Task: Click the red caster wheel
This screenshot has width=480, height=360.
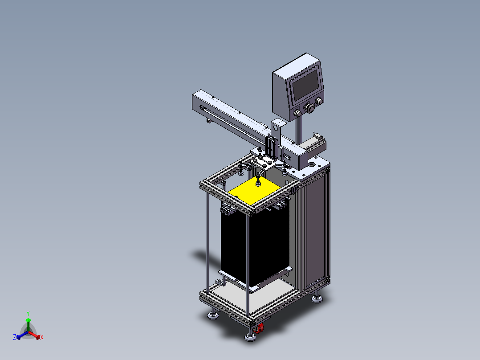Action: pyautogui.click(x=258, y=328)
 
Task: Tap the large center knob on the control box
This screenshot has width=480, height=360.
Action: pyautogui.click(x=311, y=108)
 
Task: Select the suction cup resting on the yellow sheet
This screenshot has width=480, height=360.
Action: pyautogui.click(x=258, y=184)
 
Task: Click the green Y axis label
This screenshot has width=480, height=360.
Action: pyautogui.click(x=28, y=313)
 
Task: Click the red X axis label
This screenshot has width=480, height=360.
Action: pyautogui.click(x=42, y=337)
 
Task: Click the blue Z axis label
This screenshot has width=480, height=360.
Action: pyautogui.click(x=15, y=337)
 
